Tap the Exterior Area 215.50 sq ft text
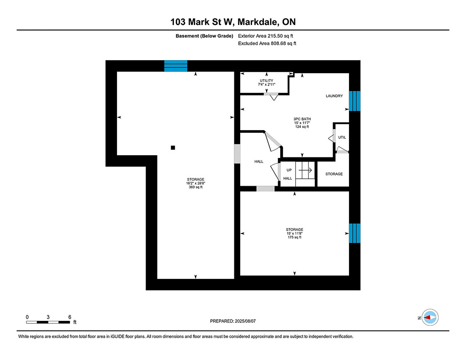pyautogui.click(x=265, y=36)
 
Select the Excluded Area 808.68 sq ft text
pyautogui.click(x=267, y=43)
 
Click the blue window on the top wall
pyautogui.click(x=176, y=66)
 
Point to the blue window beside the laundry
pyautogui.click(x=355, y=101)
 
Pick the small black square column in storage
pyautogui.click(x=173, y=147)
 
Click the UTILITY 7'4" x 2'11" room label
pyautogui.click(x=267, y=82)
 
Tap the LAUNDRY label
pyautogui.click(x=334, y=96)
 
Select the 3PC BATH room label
pyautogui.click(x=302, y=123)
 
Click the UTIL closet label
pyautogui.click(x=342, y=137)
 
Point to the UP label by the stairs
pyautogui.click(x=289, y=170)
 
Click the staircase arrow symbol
pyautogui.click(x=305, y=170)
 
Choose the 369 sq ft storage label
pyautogui.click(x=196, y=183)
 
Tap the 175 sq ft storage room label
pyautogui.click(x=294, y=233)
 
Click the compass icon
pyautogui.click(x=430, y=317)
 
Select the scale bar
pyautogui.click(x=48, y=322)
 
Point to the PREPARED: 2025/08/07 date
pyautogui.click(x=233, y=321)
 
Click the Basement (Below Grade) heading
pyautogui.click(x=204, y=36)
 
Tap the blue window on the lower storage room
pyautogui.click(x=355, y=233)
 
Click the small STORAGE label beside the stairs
pyautogui.click(x=334, y=174)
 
